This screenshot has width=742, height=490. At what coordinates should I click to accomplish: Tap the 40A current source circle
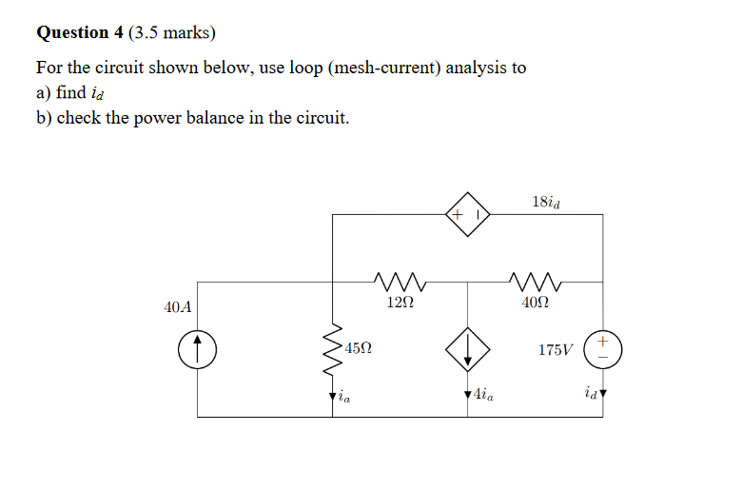coord(198,349)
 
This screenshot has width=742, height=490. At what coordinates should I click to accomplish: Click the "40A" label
coord(178,307)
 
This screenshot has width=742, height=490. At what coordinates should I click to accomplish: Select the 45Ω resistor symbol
coord(333,349)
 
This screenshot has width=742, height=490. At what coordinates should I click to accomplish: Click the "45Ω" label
coord(359,349)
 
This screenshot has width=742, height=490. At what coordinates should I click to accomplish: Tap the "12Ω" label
coord(400,304)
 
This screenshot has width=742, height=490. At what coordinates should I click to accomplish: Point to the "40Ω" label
coord(535,304)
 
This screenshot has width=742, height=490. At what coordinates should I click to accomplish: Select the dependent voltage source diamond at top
coord(467,215)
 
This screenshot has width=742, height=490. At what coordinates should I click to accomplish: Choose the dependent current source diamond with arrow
coord(467,349)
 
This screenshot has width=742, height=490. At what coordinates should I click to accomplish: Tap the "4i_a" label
coord(482,394)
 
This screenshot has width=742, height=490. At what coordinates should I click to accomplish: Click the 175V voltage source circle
coord(603,349)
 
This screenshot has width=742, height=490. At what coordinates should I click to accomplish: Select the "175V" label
coord(556,350)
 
